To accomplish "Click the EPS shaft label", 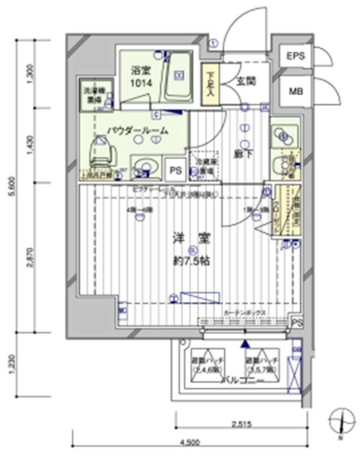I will (x=297, y=56).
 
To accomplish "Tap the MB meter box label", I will (x=296, y=92).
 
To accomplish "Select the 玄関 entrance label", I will (x=246, y=81).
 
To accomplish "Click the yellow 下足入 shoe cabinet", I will (x=210, y=84).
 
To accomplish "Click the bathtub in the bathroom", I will (x=178, y=76).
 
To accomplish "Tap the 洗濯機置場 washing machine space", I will (x=92, y=96).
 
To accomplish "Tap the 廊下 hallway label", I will (x=246, y=155).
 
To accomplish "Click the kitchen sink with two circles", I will (x=283, y=135).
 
